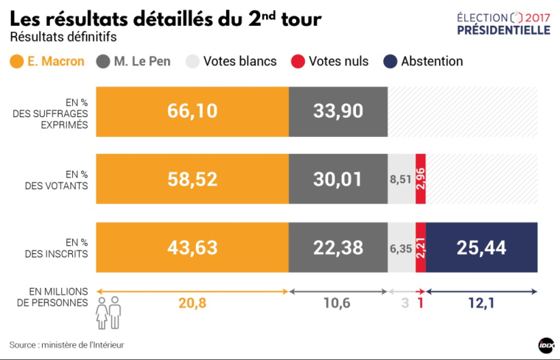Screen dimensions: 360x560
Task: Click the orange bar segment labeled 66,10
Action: point(192,112)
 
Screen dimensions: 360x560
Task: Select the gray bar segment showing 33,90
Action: point(338,112)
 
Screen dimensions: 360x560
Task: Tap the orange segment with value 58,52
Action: point(192,180)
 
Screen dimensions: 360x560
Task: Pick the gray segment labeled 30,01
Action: point(338,180)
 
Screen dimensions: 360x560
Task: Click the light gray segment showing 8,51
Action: point(402,180)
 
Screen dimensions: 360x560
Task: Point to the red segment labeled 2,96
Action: point(421,180)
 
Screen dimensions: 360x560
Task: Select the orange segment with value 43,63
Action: point(192,247)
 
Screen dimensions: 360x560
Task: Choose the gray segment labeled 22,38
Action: point(338,247)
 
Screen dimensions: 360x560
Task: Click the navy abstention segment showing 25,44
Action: point(481,247)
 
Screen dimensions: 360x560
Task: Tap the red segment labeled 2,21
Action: point(421,247)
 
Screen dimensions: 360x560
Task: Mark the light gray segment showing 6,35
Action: point(402,247)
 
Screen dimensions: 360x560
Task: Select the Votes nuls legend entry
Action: point(332,61)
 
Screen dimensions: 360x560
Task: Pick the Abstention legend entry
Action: point(423,61)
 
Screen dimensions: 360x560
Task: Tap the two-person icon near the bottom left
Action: point(108,313)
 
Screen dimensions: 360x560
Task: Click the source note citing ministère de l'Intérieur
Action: point(66,344)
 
